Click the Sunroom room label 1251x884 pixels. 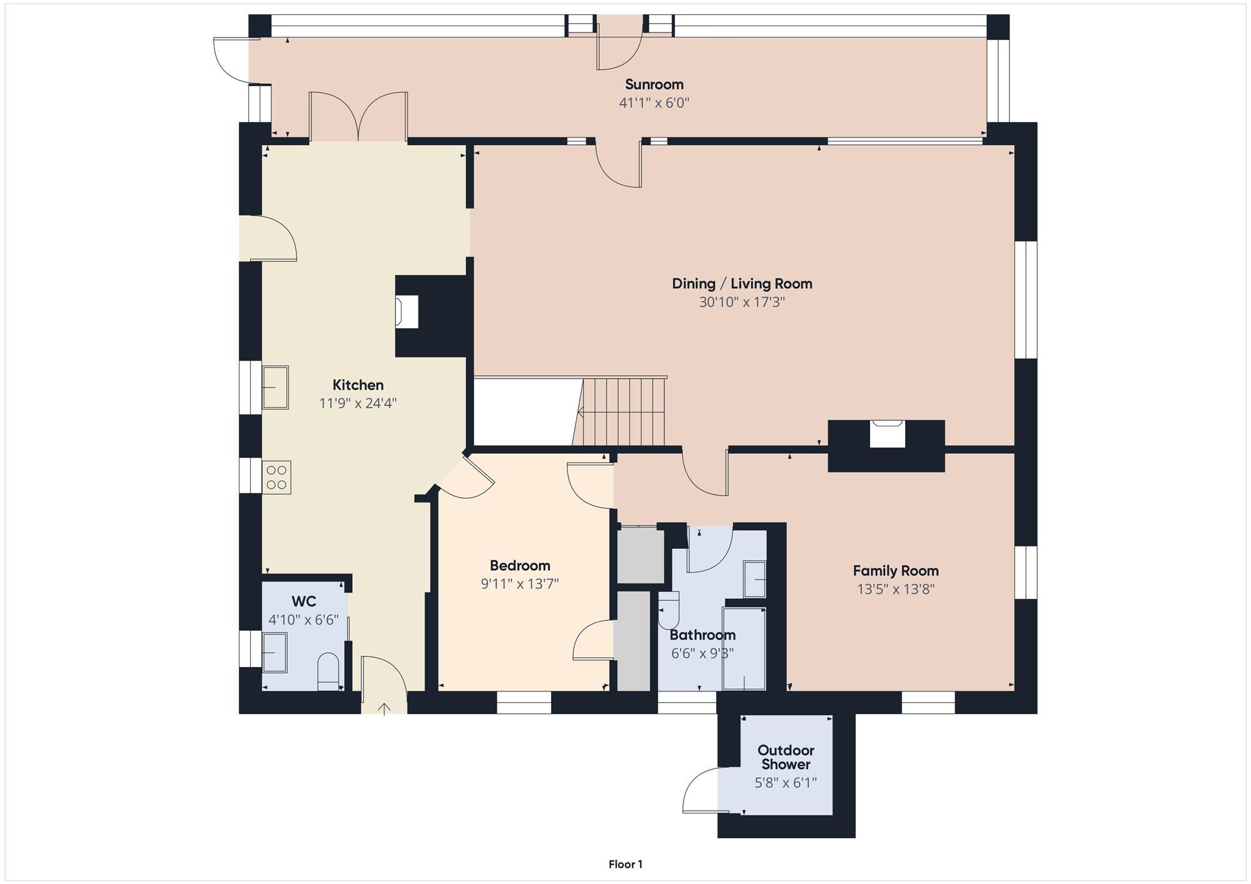pyautogui.click(x=654, y=84)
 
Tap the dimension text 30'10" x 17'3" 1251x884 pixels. pyautogui.click(x=742, y=303)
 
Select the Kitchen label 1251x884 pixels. pyautogui.click(x=358, y=385)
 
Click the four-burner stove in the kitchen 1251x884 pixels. pyautogui.click(x=277, y=477)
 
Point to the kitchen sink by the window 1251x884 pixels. pyautogui.click(x=275, y=388)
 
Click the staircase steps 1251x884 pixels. pyautogui.click(x=620, y=411)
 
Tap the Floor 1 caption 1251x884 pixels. pyautogui.click(x=625, y=865)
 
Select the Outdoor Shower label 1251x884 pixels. pyautogui.click(x=786, y=757)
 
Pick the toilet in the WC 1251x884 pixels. pyautogui.click(x=328, y=671)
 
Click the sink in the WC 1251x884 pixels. pyautogui.click(x=275, y=653)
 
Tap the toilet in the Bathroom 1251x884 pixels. pyautogui.click(x=669, y=610)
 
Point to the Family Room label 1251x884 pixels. pyautogui.click(x=896, y=571)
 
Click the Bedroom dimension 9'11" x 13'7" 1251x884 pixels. pyautogui.click(x=520, y=585)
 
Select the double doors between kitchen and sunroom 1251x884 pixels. pyautogui.click(x=358, y=116)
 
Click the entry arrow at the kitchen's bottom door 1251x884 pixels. pyautogui.click(x=384, y=708)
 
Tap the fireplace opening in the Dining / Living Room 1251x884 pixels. pyautogui.click(x=887, y=433)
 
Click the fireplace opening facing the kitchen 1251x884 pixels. pyautogui.click(x=407, y=311)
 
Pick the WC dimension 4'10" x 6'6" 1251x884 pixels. pyautogui.click(x=304, y=620)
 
